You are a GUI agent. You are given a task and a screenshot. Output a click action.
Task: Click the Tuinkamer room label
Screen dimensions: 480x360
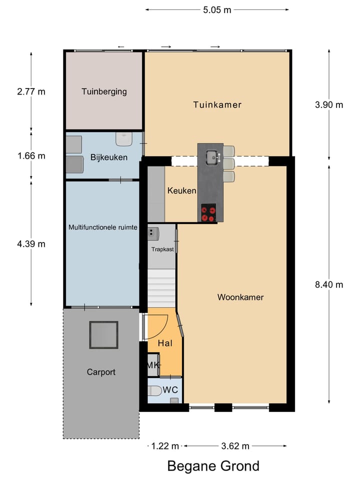tap(217, 104)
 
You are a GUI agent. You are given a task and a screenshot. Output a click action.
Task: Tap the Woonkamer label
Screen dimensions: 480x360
tap(240, 297)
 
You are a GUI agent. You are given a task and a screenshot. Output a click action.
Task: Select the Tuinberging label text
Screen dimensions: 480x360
tap(104, 91)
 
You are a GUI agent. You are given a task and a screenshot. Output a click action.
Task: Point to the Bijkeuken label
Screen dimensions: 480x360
tap(108, 157)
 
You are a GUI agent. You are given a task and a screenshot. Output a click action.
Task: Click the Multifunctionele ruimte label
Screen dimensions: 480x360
tap(103, 227)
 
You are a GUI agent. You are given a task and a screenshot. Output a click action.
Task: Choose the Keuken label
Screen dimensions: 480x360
tap(181, 190)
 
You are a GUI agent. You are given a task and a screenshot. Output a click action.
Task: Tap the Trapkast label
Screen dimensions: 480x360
tap(161, 248)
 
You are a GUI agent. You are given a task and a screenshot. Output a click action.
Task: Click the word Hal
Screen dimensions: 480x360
tap(165, 343)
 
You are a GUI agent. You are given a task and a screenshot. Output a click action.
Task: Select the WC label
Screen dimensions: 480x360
tap(171, 389)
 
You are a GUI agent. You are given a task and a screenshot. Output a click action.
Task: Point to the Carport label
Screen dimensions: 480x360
tap(101, 372)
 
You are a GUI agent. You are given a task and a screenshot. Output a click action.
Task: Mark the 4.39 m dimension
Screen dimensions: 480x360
tap(31, 244)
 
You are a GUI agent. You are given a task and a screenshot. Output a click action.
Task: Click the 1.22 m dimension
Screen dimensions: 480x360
tap(165, 446)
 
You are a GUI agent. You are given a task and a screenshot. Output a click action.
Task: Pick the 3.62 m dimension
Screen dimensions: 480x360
tap(234, 446)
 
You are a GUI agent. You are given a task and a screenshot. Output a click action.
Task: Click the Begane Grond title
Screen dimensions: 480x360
tap(213, 466)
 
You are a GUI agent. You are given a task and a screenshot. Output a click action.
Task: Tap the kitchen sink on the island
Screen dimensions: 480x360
tap(212, 157)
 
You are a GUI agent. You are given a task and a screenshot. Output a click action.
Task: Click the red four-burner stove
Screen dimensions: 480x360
tap(208, 213)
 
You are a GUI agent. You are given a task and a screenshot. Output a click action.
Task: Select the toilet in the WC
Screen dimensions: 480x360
tap(155, 390)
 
